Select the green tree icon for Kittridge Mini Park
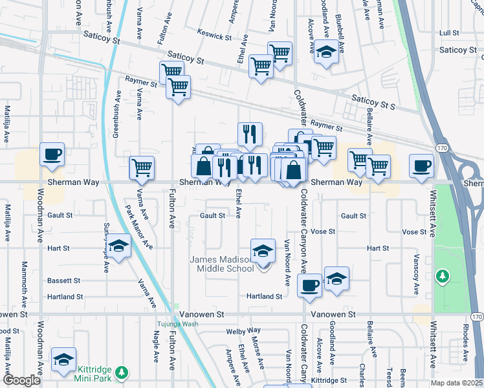pyautogui.click(x=121, y=372)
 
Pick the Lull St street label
pyautogui.click(x=448, y=32)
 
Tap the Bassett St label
pyautogui.click(x=63, y=281)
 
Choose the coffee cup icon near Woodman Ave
pyautogui.click(x=52, y=154)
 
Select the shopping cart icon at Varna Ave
pyautogui.click(x=142, y=168)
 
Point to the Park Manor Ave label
pyautogui.click(x=138, y=227)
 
